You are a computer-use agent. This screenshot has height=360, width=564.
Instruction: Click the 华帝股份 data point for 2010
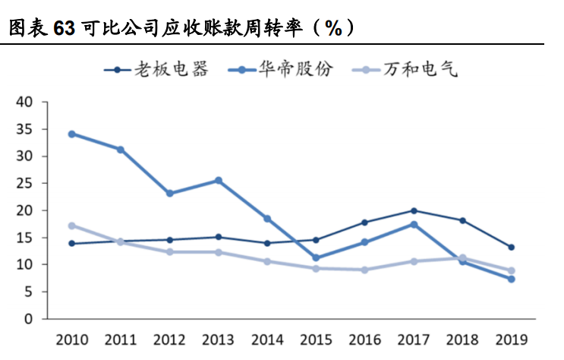pos(71,134)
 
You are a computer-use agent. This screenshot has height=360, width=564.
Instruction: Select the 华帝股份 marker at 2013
pos(219,181)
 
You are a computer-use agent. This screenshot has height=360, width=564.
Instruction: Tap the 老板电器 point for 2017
pos(414,210)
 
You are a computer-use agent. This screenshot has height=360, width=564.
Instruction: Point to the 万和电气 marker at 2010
pos(71,226)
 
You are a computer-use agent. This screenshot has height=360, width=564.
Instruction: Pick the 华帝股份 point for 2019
pos(512,279)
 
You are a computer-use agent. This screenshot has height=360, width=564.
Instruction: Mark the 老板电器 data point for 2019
pos(512,247)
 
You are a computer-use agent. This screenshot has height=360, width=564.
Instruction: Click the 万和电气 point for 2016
pos(364,270)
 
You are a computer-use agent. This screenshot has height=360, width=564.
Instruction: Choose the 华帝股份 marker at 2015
pos(316,257)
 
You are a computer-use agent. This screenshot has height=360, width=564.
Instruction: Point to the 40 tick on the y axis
pos(25,103)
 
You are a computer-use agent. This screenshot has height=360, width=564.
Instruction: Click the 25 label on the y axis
pos(25,183)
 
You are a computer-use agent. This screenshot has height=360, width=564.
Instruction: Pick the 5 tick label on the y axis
pos(29,292)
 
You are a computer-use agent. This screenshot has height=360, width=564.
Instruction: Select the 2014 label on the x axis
pos(266,338)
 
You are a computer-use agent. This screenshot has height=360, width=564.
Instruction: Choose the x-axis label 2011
pos(120,338)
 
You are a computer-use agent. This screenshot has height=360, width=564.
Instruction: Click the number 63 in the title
pos(65,29)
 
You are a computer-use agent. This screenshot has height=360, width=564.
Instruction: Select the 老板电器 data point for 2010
pos(71,243)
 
